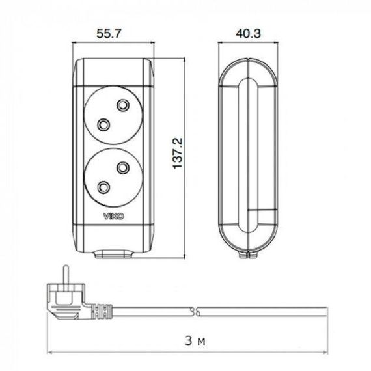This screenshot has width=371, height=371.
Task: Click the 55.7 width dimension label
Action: tap(109, 34)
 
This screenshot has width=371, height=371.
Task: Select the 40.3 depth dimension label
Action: tap(248, 34)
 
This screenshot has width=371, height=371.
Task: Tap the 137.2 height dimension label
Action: tap(178, 154)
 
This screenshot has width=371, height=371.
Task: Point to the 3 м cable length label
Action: tap(195, 341)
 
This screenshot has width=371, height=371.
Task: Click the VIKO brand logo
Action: tap(113, 216)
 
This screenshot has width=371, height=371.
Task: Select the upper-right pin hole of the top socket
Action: tap(123, 105)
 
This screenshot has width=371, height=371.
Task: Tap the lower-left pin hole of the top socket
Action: tap(103, 124)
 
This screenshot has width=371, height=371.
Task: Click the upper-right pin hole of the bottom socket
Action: tap(123, 168)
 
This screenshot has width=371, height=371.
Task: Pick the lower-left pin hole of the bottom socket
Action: tap(103, 187)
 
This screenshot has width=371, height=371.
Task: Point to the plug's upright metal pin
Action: tap(66, 275)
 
